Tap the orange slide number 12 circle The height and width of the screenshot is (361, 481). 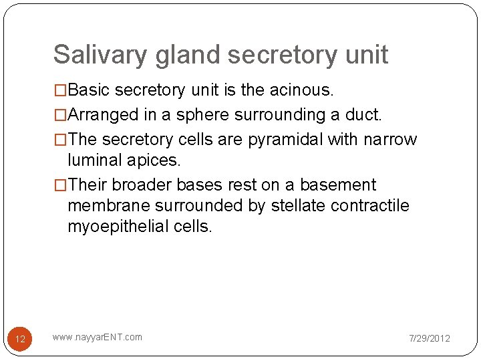point(20,339)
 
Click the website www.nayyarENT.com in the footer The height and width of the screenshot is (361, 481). point(98,337)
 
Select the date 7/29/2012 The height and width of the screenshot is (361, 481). point(430,338)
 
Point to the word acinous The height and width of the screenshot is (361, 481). point(303,90)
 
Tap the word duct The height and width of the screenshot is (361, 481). point(365,115)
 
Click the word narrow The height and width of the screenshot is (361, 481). point(389,140)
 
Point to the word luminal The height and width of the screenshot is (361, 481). point(94,160)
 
